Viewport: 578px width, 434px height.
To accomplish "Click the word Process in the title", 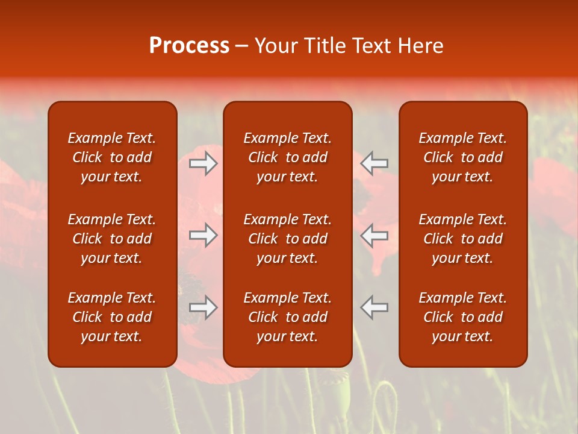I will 189,46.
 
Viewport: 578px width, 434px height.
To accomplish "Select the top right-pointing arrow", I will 204,163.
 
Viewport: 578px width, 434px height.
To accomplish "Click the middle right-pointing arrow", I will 204,235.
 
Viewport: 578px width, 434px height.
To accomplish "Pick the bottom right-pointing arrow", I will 204,307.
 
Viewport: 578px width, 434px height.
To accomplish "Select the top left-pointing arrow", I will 374,163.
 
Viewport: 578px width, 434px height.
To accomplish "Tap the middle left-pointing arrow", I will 374,235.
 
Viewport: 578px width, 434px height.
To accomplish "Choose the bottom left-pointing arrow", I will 374,307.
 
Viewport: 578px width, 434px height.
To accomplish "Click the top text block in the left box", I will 112,157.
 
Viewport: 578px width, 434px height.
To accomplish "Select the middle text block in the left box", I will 112,239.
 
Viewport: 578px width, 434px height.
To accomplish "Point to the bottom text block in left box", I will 112,317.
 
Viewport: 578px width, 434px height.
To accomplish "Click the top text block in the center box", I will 288,157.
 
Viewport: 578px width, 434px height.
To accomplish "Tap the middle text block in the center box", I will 288,239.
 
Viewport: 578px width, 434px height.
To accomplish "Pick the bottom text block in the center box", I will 288,317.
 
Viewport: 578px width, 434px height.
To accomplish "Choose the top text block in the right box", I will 463,157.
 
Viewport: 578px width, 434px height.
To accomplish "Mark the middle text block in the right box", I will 463,239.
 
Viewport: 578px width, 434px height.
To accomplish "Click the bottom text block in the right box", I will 463,317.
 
